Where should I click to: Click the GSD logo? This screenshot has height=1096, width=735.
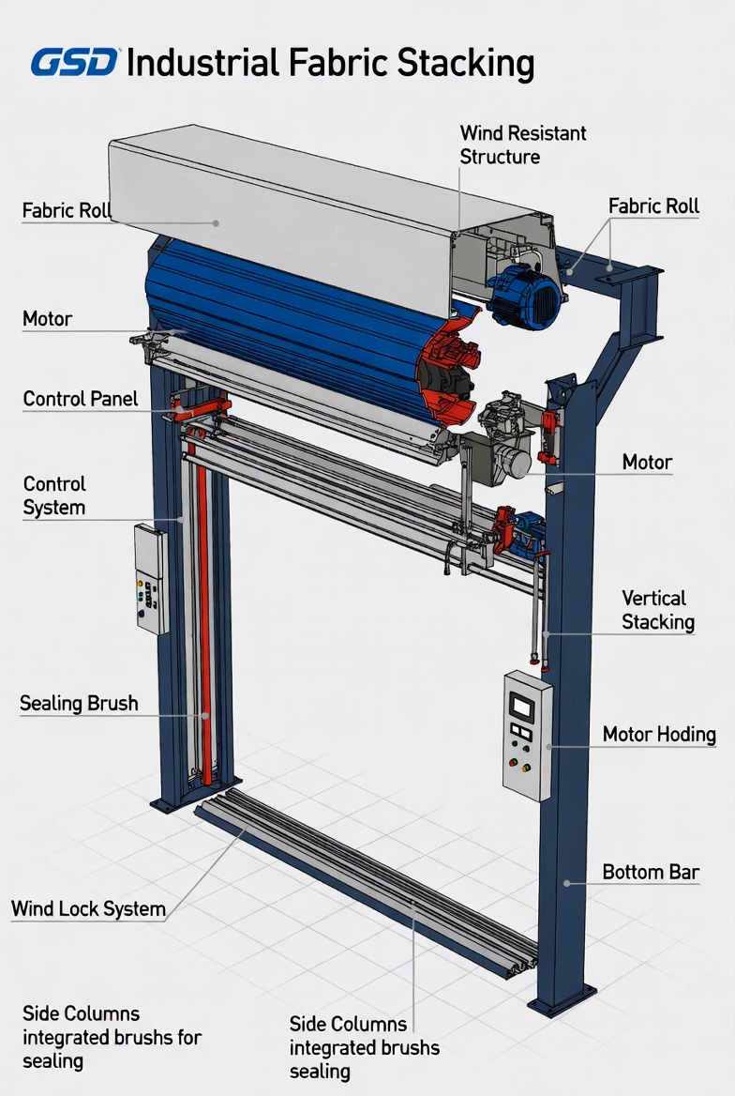75,62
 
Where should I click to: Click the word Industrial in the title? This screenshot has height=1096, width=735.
202,62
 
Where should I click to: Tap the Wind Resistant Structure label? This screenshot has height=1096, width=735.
522,145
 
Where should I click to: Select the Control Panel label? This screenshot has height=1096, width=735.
81,399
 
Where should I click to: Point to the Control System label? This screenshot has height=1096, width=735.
54,495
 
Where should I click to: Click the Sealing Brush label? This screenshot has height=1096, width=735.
79,703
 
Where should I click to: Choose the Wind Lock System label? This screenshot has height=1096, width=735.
89,908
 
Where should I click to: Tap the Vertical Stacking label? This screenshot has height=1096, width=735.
658,610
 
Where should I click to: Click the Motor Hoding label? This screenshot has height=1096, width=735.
659,735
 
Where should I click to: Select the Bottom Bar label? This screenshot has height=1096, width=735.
651,873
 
